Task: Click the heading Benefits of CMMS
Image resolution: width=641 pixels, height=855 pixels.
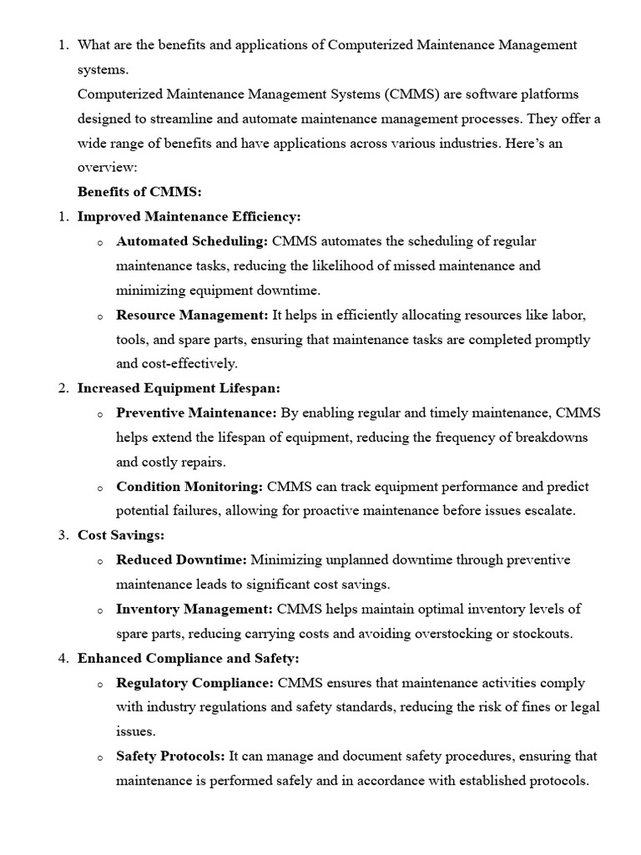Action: click(139, 192)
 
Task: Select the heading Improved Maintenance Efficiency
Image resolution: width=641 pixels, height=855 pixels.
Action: click(189, 217)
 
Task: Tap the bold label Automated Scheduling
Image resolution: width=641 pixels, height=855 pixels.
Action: click(192, 241)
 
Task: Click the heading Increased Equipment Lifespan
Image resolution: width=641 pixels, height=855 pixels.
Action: click(179, 388)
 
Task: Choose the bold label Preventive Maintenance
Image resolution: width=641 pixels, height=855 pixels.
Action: click(196, 412)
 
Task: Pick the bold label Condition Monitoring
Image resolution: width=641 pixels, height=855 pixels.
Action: click(189, 486)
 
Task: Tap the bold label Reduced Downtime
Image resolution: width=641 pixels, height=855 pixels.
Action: click(181, 559)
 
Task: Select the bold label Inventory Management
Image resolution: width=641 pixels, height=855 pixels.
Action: click(194, 609)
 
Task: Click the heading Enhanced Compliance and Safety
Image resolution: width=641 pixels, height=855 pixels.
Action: click(188, 658)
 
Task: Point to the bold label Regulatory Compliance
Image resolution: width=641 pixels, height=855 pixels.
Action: click(194, 683)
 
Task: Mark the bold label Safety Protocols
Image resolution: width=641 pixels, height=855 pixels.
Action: click(170, 756)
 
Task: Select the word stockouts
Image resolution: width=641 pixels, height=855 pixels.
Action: click(543, 634)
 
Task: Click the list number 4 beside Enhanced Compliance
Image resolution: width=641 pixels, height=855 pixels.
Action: click(63, 658)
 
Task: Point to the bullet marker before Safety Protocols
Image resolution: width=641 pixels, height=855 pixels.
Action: click(98, 758)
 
